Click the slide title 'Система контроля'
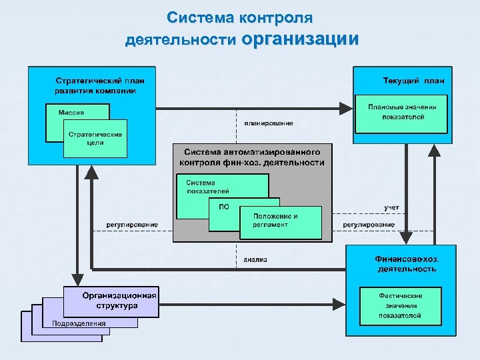coord(239,17)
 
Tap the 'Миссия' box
coord(71,112)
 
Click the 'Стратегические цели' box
coord(95,138)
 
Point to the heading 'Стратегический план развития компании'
coord(95,85)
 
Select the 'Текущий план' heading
coord(413,81)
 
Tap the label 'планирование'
coord(268,123)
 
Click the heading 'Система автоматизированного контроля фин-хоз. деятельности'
coord(251,157)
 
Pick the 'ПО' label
coord(224,207)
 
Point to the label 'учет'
coord(391,207)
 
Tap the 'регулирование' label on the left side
coord(132,225)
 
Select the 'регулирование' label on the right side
coord(369,225)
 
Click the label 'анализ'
coord(255,259)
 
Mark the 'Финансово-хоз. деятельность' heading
coord(407,263)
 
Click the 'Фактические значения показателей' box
coord(401,305)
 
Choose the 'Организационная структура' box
coord(111,301)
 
